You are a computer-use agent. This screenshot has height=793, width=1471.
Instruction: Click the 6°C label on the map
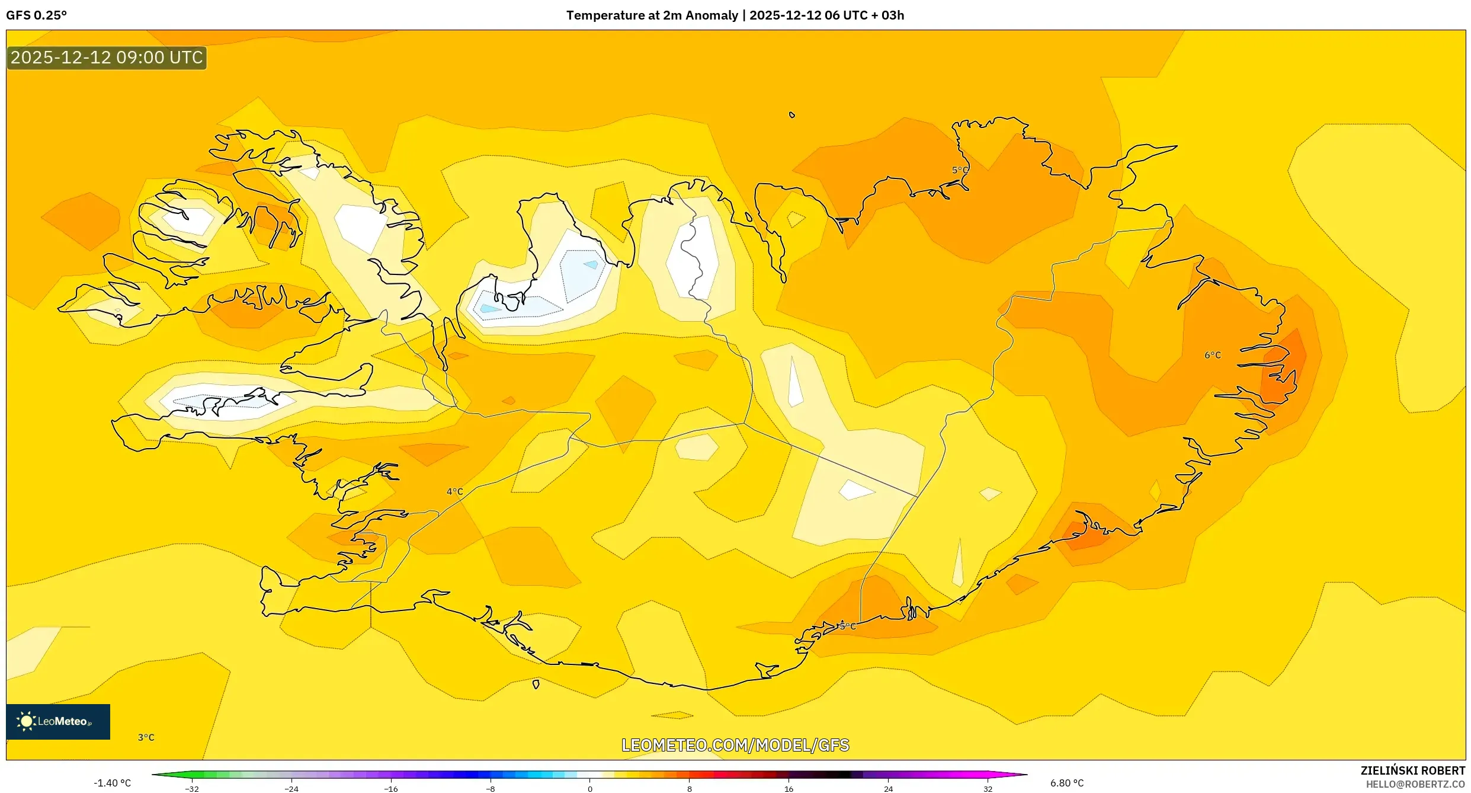point(1212,355)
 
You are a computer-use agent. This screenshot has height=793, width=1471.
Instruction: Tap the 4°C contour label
point(454,491)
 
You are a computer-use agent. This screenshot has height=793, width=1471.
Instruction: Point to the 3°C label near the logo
point(146,737)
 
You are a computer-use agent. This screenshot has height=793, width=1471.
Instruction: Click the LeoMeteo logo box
point(58,721)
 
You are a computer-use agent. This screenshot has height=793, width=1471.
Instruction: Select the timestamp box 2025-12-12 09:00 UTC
point(107,57)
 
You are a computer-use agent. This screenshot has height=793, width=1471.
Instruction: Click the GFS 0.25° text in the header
point(36,15)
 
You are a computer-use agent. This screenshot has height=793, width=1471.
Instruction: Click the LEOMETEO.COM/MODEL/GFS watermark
point(735,745)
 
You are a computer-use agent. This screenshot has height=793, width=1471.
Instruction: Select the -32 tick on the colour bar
point(192,789)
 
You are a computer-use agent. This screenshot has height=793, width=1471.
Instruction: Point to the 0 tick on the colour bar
point(589,789)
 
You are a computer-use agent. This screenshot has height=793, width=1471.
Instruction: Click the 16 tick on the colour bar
point(789,789)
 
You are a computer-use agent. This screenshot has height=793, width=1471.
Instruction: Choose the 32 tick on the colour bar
point(988,789)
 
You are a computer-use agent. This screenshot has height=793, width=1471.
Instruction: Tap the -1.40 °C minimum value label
point(112,783)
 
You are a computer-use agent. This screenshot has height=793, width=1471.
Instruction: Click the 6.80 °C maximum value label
point(1067,783)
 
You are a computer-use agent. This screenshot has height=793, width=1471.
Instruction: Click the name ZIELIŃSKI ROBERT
point(1412,770)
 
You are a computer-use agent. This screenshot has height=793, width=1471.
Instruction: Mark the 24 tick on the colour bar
point(888,789)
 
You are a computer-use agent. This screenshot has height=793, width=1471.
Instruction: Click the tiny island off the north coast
point(791,115)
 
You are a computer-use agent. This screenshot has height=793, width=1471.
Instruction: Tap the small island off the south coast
point(536,684)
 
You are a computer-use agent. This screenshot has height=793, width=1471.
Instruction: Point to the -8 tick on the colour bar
point(490,789)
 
